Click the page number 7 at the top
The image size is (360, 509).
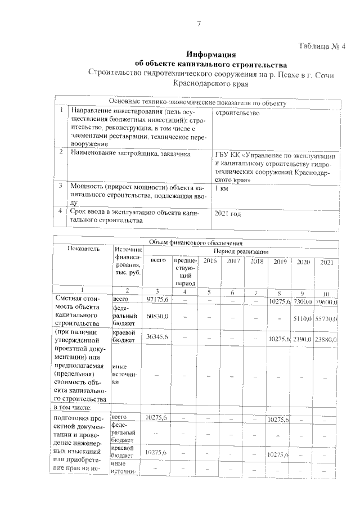(x=199, y=23)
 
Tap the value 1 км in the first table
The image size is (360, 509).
(x=221, y=188)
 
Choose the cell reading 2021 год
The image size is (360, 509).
(x=228, y=214)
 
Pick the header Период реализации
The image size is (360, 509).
(x=241, y=251)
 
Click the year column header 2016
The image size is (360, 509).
(x=209, y=262)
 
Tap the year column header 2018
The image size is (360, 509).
(x=256, y=262)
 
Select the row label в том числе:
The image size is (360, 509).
(x=76, y=406)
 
